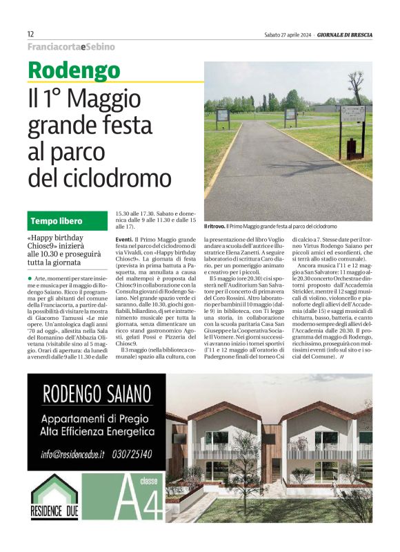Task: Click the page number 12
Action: pyautogui.click(x=31, y=34)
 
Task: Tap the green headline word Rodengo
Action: pyautogui.click(x=74, y=70)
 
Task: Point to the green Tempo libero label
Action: pyautogui.click(x=56, y=221)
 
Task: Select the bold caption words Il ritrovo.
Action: pyautogui.click(x=215, y=226)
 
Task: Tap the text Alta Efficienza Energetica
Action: pyautogui.click(x=97, y=432)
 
